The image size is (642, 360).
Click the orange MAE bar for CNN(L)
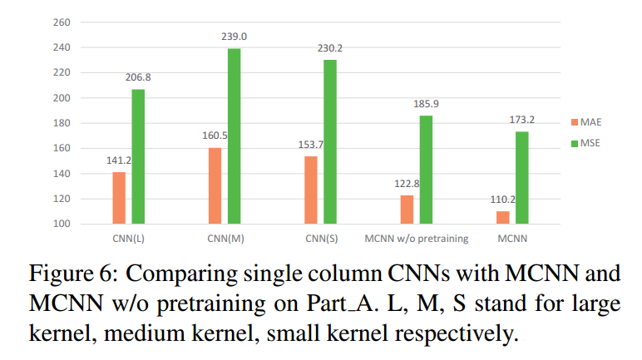point(119,198)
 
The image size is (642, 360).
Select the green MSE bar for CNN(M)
point(234,136)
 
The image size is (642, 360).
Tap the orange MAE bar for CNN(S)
point(311,190)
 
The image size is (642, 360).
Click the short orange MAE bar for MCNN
point(502,217)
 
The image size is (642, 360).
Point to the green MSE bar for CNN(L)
point(138,156)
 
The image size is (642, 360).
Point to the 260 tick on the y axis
point(62,22)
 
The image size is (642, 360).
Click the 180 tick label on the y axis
point(62,123)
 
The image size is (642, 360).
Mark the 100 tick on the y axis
point(62,224)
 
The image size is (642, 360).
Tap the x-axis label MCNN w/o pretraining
point(417,239)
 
